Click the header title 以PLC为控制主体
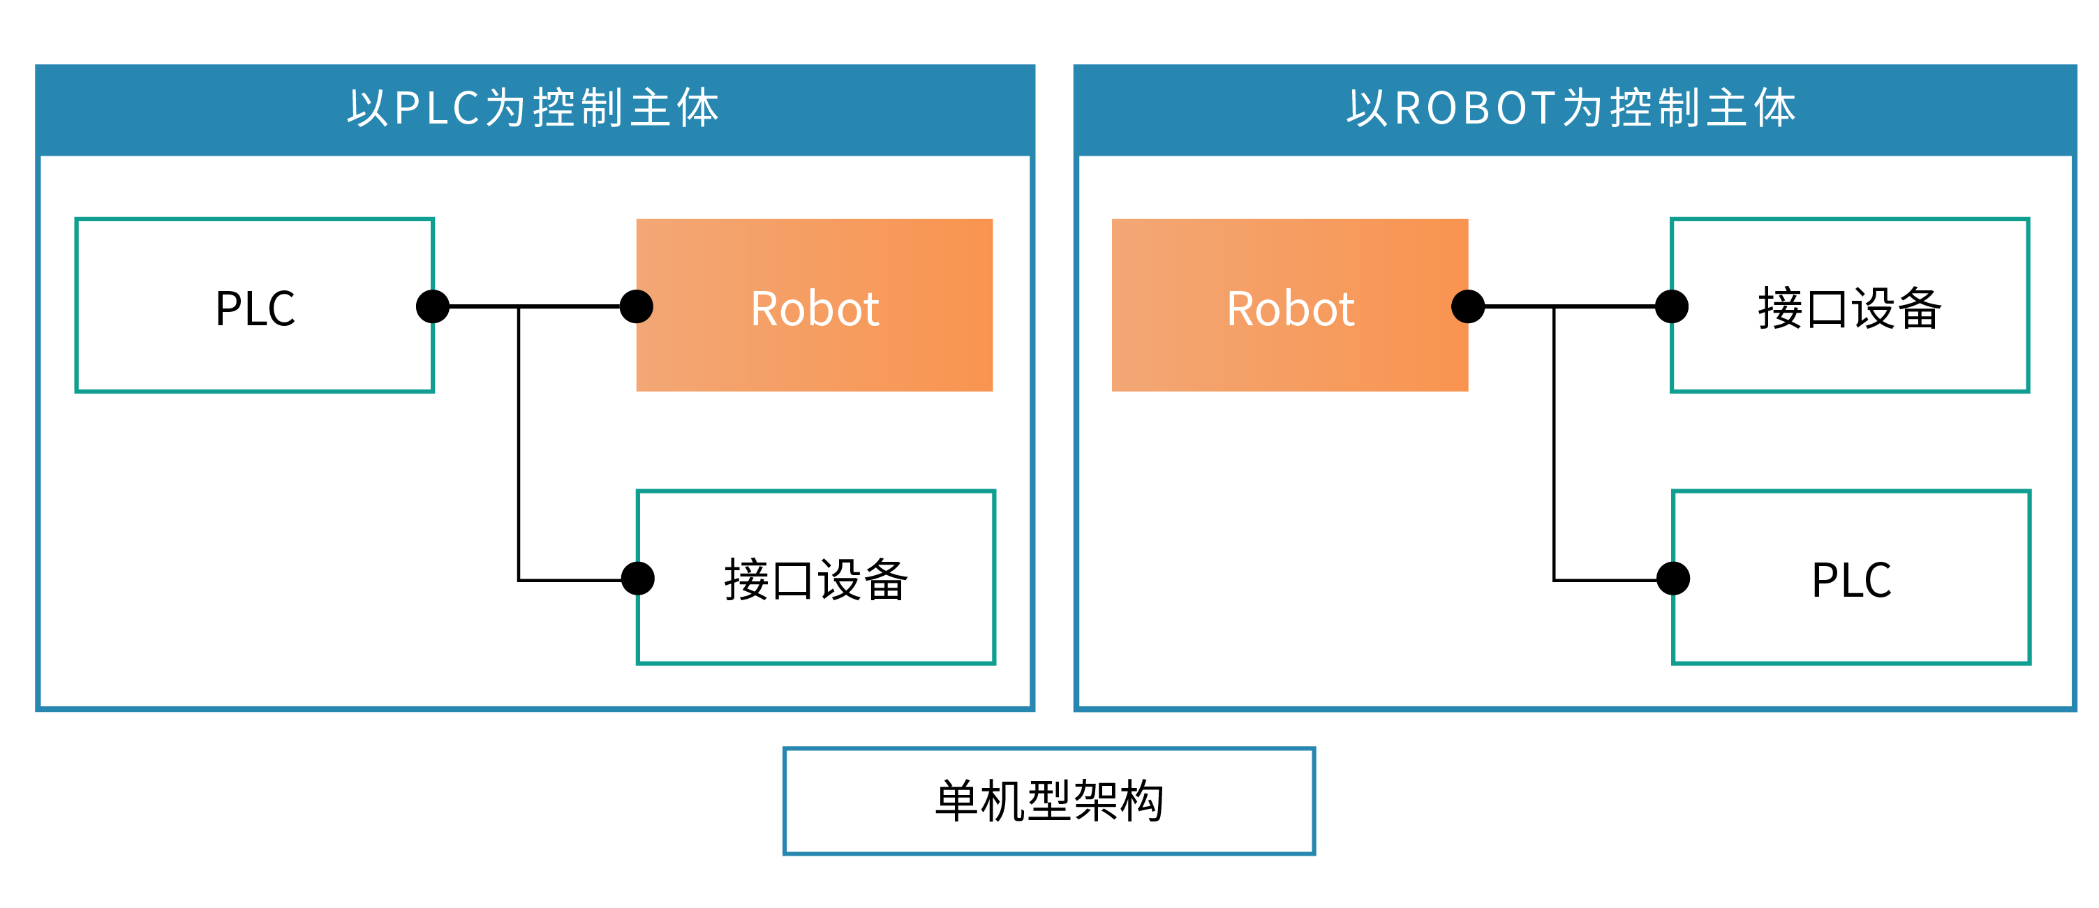[x=534, y=107]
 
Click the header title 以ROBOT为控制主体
[x=1571, y=107]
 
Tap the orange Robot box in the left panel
[x=814, y=306]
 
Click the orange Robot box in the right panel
[x=1290, y=306]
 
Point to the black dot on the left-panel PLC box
[x=433, y=306]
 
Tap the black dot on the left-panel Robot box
[x=637, y=306]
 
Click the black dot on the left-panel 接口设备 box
[x=637, y=578]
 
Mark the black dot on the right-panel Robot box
[x=1468, y=306]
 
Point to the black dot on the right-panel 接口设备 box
[x=1672, y=306]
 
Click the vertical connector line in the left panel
[x=519, y=443]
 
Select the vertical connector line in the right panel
[x=1554, y=443]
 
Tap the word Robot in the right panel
[x=1291, y=308]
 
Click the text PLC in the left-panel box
[x=255, y=308]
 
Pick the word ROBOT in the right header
[x=1476, y=107]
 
